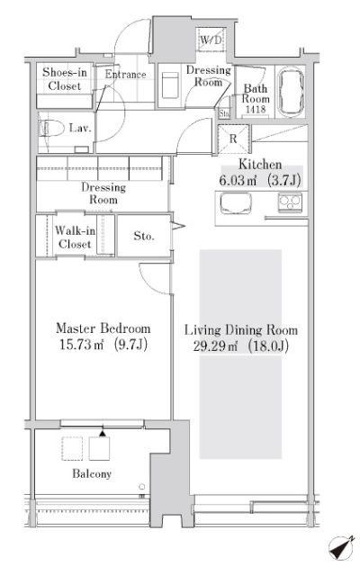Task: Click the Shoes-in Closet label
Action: [x=65, y=79]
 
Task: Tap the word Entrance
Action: [x=125, y=75]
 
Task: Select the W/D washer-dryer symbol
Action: [x=211, y=40]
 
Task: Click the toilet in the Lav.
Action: [x=50, y=128]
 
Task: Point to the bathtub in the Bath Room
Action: [x=292, y=91]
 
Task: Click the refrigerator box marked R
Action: [x=234, y=139]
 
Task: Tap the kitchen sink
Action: [x=236, y=203]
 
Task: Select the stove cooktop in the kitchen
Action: [x=290, y=202]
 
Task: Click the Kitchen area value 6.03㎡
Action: [x=238, y=180]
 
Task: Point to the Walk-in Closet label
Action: [x=75, y=238]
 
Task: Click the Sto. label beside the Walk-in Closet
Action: [x=144, y=236]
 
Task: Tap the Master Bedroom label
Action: [x=103, y=328]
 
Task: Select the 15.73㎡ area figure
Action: [x=81, y=345]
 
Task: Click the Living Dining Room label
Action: [x=241, y=329]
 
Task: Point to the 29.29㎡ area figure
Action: [x=215, y=346]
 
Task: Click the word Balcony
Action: [x=92, y=473]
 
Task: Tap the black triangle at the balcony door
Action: [x=103, y=433]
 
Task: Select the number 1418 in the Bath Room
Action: [x=256, y=109]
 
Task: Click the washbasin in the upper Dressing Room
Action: [x=170, y=85]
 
